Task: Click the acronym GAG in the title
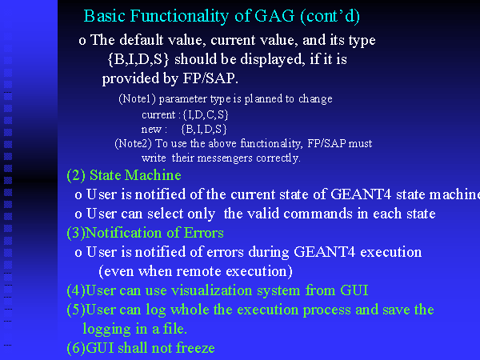(x=274, y=16)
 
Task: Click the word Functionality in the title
(x=179, y=16)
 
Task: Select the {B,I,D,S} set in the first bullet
(x=138, y=59)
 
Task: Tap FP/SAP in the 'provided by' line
(x=209, y=78)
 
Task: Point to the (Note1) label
(x=137, y=99)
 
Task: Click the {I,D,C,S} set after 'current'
(x=206, y=114)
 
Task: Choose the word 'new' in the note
(x=151, y=130)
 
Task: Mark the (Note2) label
(x=133, y=143)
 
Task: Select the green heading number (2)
(x=76, y=175)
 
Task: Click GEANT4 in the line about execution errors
(x=324, y=252)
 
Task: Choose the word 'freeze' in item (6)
(x=195, y=348)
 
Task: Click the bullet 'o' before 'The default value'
(x=82, y=41)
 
